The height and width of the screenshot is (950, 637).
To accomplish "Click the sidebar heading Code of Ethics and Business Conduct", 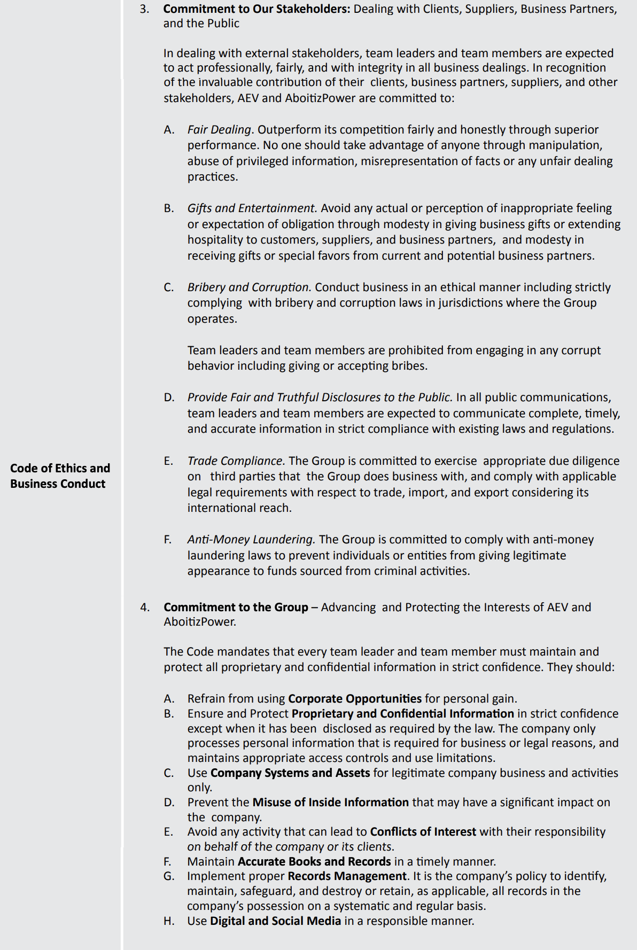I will (60, 476).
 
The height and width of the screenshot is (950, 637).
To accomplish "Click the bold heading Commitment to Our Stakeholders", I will (257, 9).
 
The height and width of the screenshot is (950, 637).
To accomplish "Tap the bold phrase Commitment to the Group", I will (236, 607).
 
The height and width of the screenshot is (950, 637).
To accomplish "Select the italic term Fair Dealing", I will (219, 129).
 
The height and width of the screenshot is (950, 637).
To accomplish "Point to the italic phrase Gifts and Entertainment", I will (252, 208).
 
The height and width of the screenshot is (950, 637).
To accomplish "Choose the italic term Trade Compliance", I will (236, 461).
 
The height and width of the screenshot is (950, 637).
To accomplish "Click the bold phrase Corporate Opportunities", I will (354, 698).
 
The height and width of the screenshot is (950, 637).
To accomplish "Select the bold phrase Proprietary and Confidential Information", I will (402, 713).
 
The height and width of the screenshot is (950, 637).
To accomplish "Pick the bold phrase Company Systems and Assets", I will (290, 773).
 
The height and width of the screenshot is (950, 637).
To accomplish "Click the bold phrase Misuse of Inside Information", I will (330, 802).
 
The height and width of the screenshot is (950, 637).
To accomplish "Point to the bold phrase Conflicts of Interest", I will (423, 831).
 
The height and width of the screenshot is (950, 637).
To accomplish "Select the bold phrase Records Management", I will (347, 876).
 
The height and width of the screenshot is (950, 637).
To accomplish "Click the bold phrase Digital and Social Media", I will (275, 921).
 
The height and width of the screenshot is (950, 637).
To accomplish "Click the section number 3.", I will (144, 9).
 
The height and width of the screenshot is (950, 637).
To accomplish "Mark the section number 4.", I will (144, 607).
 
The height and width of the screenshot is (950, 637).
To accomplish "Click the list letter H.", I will (169, 921).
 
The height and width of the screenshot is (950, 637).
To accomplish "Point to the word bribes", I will (409, 365).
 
